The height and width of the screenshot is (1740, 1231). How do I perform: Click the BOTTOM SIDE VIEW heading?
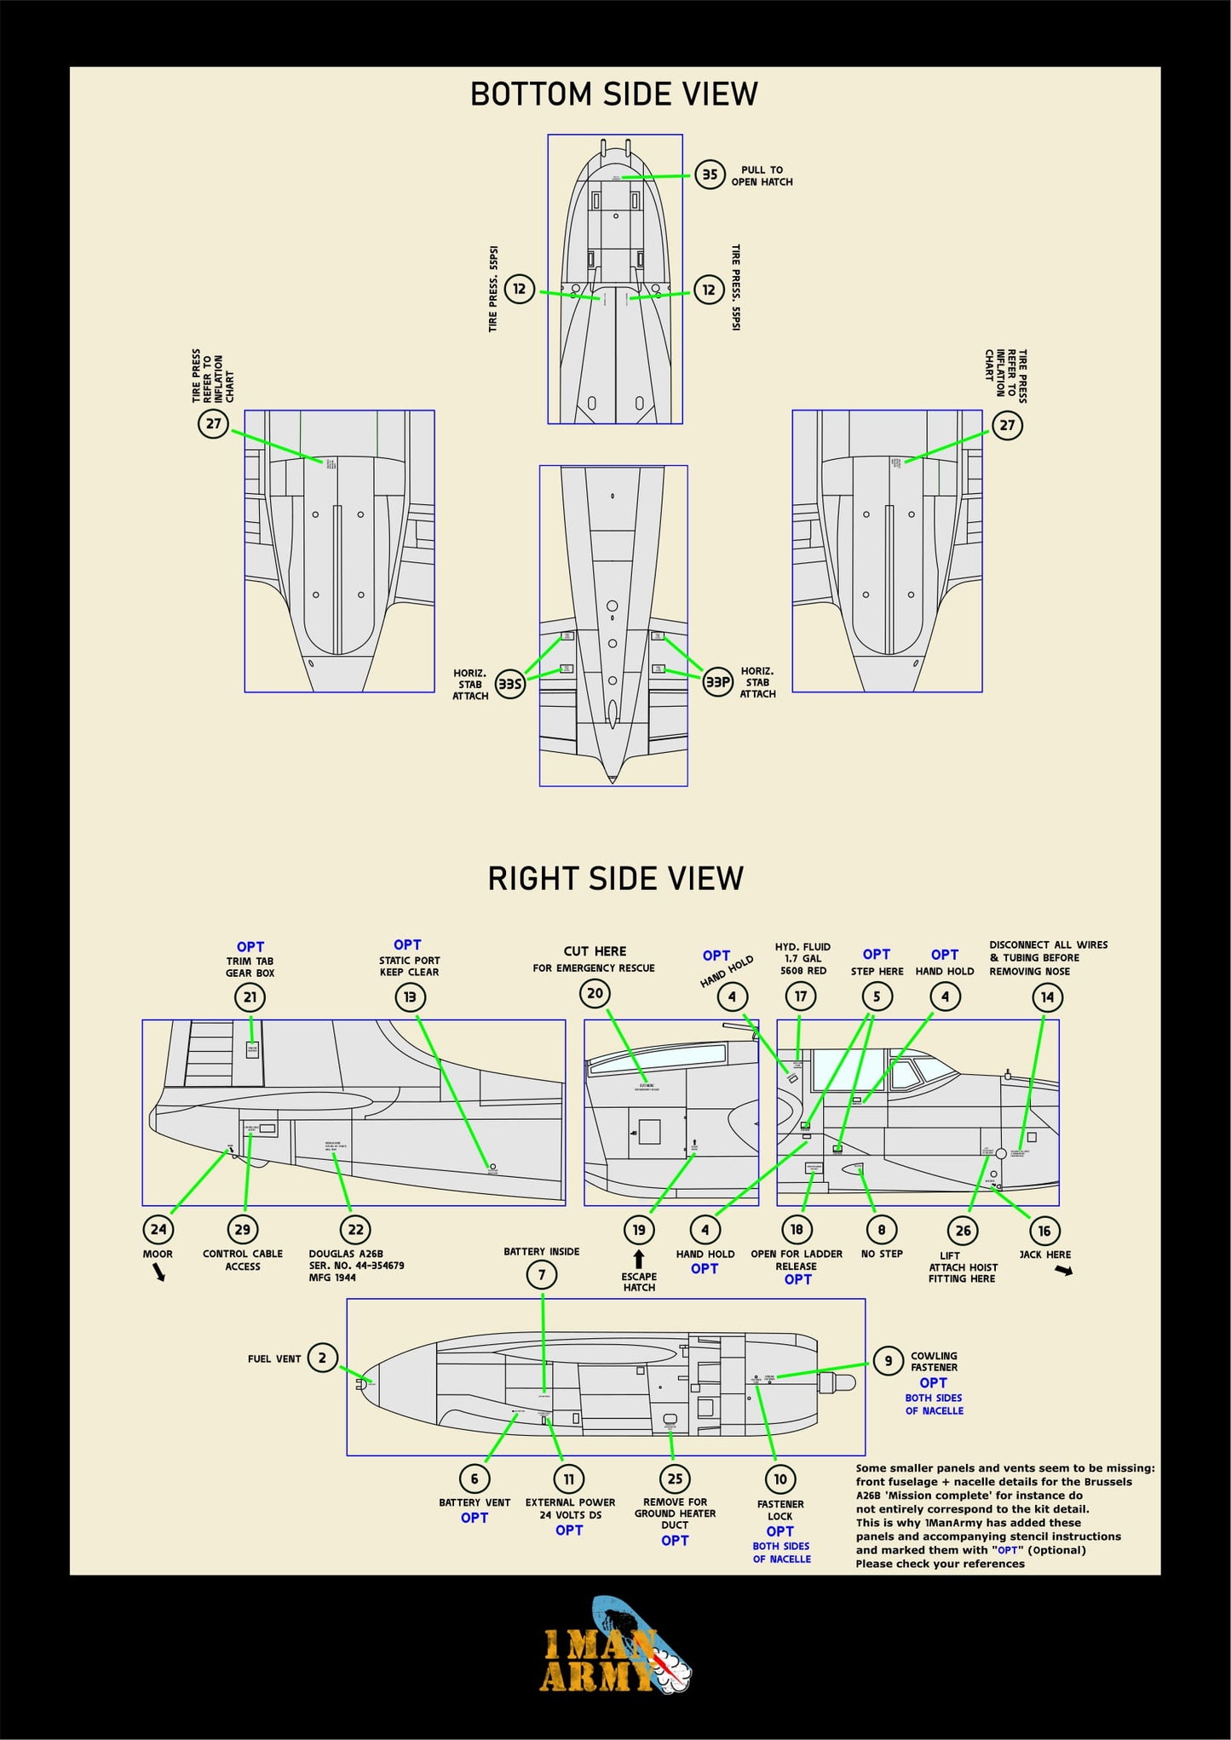[613, 94]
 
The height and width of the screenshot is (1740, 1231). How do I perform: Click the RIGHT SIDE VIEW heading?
[615, 878]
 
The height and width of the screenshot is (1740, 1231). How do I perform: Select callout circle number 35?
[709, 175]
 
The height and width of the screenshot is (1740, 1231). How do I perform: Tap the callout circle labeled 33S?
[509, 684]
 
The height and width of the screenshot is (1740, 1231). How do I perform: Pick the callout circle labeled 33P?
[717, 681]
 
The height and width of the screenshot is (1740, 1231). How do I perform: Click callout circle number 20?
[595, 993]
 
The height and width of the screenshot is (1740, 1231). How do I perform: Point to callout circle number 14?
[1047, 997]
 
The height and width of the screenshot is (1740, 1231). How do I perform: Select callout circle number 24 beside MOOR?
[158, 1229]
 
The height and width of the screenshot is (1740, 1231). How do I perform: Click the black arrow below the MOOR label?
[159, 1272]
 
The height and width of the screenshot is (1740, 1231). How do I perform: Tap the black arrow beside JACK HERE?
[1063, 1271]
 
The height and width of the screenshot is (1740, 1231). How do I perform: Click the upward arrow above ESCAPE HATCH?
[639, 1259]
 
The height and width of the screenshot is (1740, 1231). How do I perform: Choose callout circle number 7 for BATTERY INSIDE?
[542, 1275]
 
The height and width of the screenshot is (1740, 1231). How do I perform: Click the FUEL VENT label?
[274, 1358]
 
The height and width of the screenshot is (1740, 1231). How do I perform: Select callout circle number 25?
[675, 1479]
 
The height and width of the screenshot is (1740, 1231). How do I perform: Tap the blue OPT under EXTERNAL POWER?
[569, 1530]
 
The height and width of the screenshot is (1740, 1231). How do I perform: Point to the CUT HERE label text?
[595, 951]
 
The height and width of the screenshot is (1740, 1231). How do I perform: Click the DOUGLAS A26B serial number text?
[356, 1266]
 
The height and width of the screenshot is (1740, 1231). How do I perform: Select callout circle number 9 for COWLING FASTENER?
[888, 1360]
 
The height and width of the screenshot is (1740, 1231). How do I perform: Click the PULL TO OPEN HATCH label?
[762, 175]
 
